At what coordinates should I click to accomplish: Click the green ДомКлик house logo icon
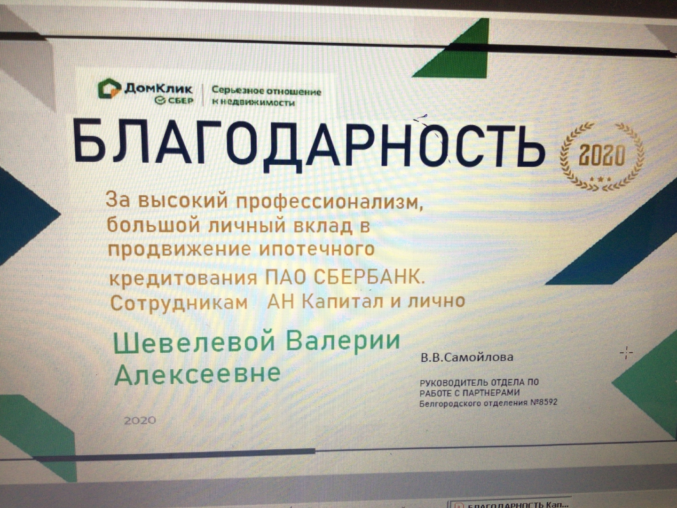[109, 88]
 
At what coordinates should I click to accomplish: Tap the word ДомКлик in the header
[158, 89]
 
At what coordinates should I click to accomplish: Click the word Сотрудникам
[179, 303]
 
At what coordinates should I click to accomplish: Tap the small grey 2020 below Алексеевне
[140, 421]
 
